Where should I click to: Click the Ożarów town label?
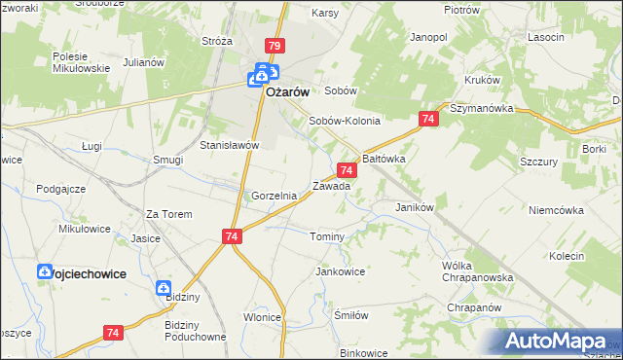287,91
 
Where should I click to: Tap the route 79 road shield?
274,47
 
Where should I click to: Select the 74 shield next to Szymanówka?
427,119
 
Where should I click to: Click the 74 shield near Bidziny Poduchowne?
113,333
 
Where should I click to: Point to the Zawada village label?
330,186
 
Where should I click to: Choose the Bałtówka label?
383,157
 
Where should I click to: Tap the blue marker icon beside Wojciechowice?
45,273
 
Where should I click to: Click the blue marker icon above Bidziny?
164,288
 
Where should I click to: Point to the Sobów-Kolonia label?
344,122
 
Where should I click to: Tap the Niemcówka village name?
555,209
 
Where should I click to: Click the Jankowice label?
340,271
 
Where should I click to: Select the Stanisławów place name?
228,145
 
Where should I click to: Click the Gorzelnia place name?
274,196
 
